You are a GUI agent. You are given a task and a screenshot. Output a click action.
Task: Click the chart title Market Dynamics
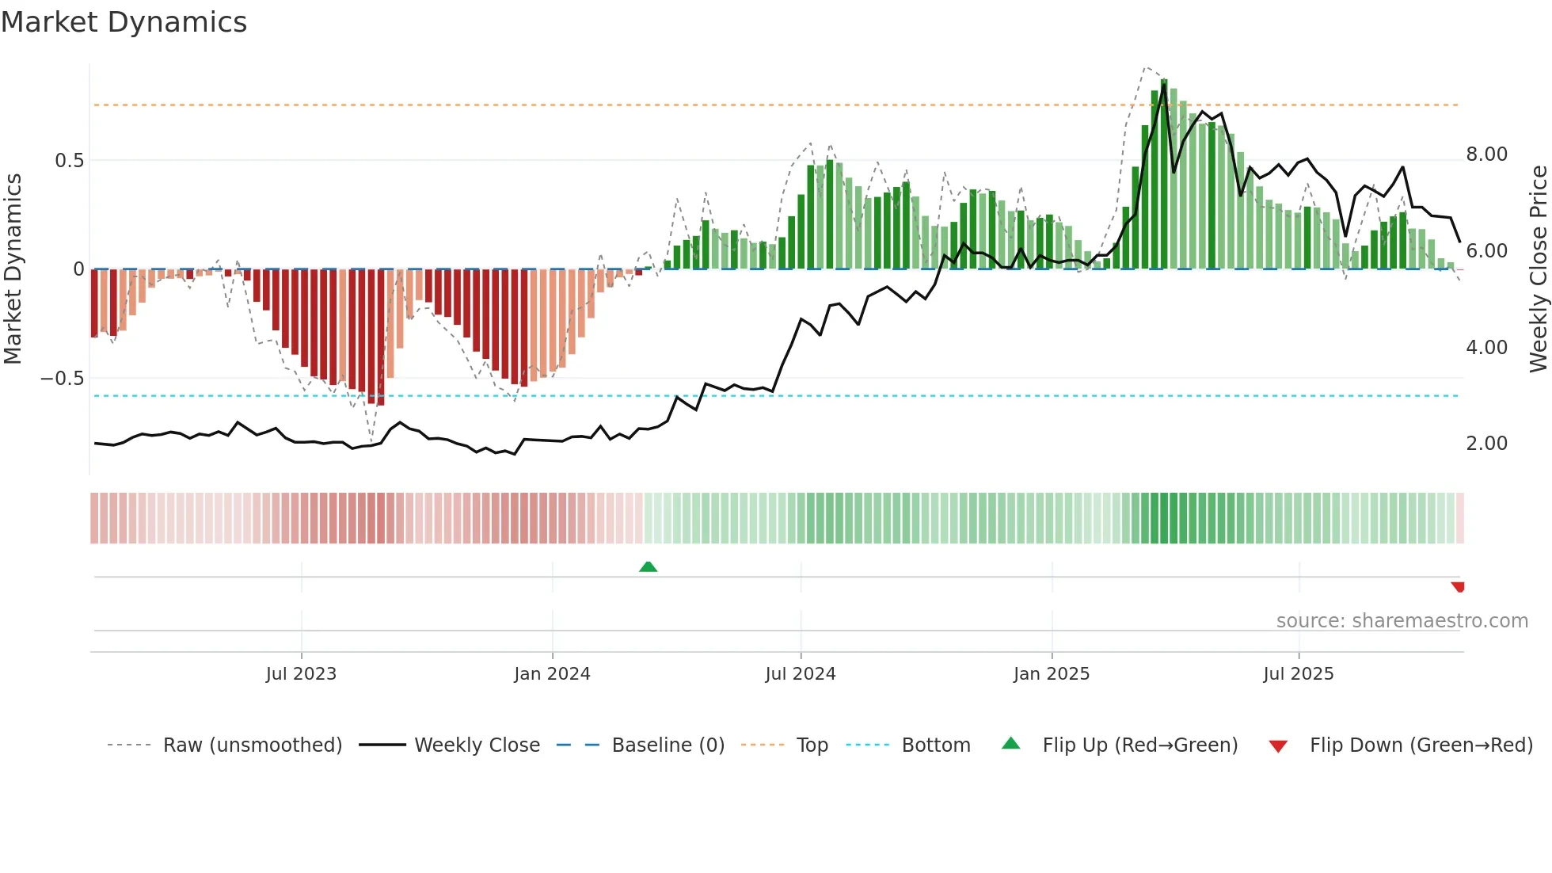pyautogui.click(x=124, y=22)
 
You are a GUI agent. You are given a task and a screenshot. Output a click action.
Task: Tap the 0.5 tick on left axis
pyautogui.click(x=69, y=161)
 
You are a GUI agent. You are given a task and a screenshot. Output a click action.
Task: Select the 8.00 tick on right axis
pyautogui.click(x=1486, y=154)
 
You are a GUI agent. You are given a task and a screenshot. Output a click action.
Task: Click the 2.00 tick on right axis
pyautogui.click(x=1486, y=444)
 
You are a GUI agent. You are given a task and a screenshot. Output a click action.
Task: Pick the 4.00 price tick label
pyautogui.click(x=1486, y=348)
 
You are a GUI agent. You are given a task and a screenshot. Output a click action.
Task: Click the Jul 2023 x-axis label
pyautogui.click(x=301, y=674)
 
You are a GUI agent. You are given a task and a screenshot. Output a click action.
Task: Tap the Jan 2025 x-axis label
pyautogui.click(x=1051, y=674)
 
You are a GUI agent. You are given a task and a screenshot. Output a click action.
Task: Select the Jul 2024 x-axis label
pyautogui.click(x=800, y=674)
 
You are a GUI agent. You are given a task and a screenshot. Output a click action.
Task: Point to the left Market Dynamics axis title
pyautogui.click(x=13, y=269)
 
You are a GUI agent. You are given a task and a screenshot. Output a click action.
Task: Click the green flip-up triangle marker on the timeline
pyautogui.click(x=648, y=566)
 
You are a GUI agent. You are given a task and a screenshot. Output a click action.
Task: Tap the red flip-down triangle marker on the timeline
pyautogui.click(x=1458, y=587)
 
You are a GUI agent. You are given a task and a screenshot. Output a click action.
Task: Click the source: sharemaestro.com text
pyautogui.click(x=1402, y=621)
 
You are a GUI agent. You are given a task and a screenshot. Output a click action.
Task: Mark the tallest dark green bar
pyautogui.click(x=1163, y=174)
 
